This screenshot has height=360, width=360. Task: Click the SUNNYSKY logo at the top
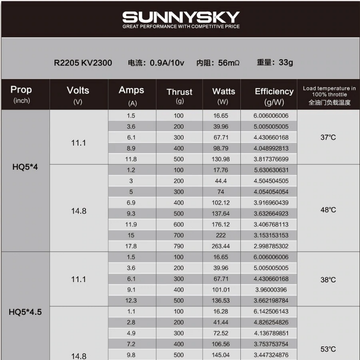pos(181,18)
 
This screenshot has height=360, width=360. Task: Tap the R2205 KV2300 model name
pos(83,63)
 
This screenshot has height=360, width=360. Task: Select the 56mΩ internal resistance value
pos(228,63)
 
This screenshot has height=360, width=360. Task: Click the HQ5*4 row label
pos(25,166)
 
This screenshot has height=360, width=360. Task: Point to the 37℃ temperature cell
pos(328,137)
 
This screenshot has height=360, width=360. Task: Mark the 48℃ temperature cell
pos(328,210)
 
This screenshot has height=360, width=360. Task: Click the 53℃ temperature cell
pos(328,349)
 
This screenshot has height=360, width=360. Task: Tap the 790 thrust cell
pos(179,246)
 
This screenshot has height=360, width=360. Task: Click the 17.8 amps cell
pos(131,246)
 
